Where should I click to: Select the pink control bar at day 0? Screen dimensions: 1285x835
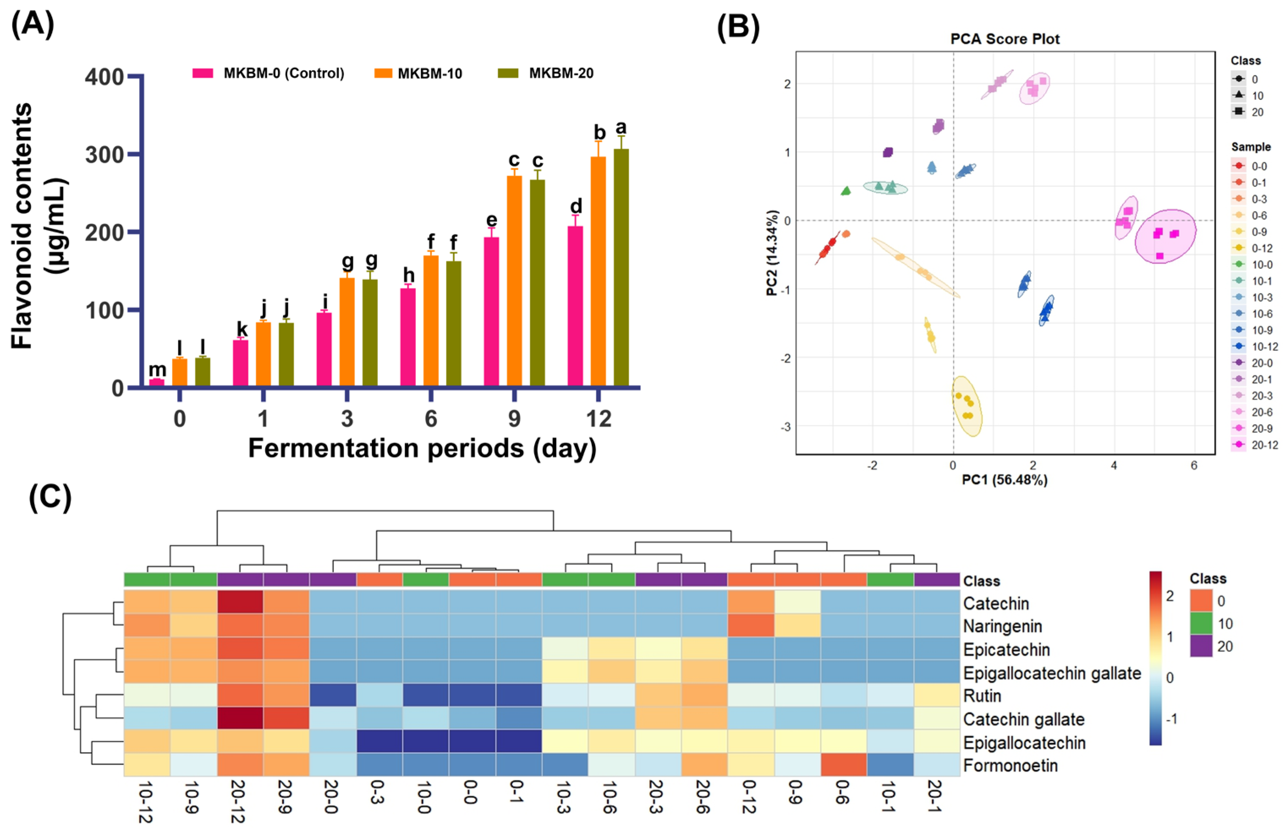157,383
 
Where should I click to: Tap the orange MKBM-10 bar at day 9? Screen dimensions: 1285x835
514,281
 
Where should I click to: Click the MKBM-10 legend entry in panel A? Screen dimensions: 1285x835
418,74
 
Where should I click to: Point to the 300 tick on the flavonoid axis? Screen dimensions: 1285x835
105,155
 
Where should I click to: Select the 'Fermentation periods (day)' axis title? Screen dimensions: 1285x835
422,448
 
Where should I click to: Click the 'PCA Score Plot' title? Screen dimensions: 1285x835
1005,39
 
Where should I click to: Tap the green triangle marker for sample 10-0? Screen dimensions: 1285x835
846,191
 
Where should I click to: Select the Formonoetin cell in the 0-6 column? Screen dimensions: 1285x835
843,765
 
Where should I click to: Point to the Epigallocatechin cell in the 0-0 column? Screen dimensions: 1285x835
472,742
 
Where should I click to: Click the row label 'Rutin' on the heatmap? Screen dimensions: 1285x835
982,696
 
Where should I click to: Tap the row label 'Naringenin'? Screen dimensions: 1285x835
1002,626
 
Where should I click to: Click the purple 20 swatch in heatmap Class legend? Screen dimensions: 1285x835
1201,646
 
